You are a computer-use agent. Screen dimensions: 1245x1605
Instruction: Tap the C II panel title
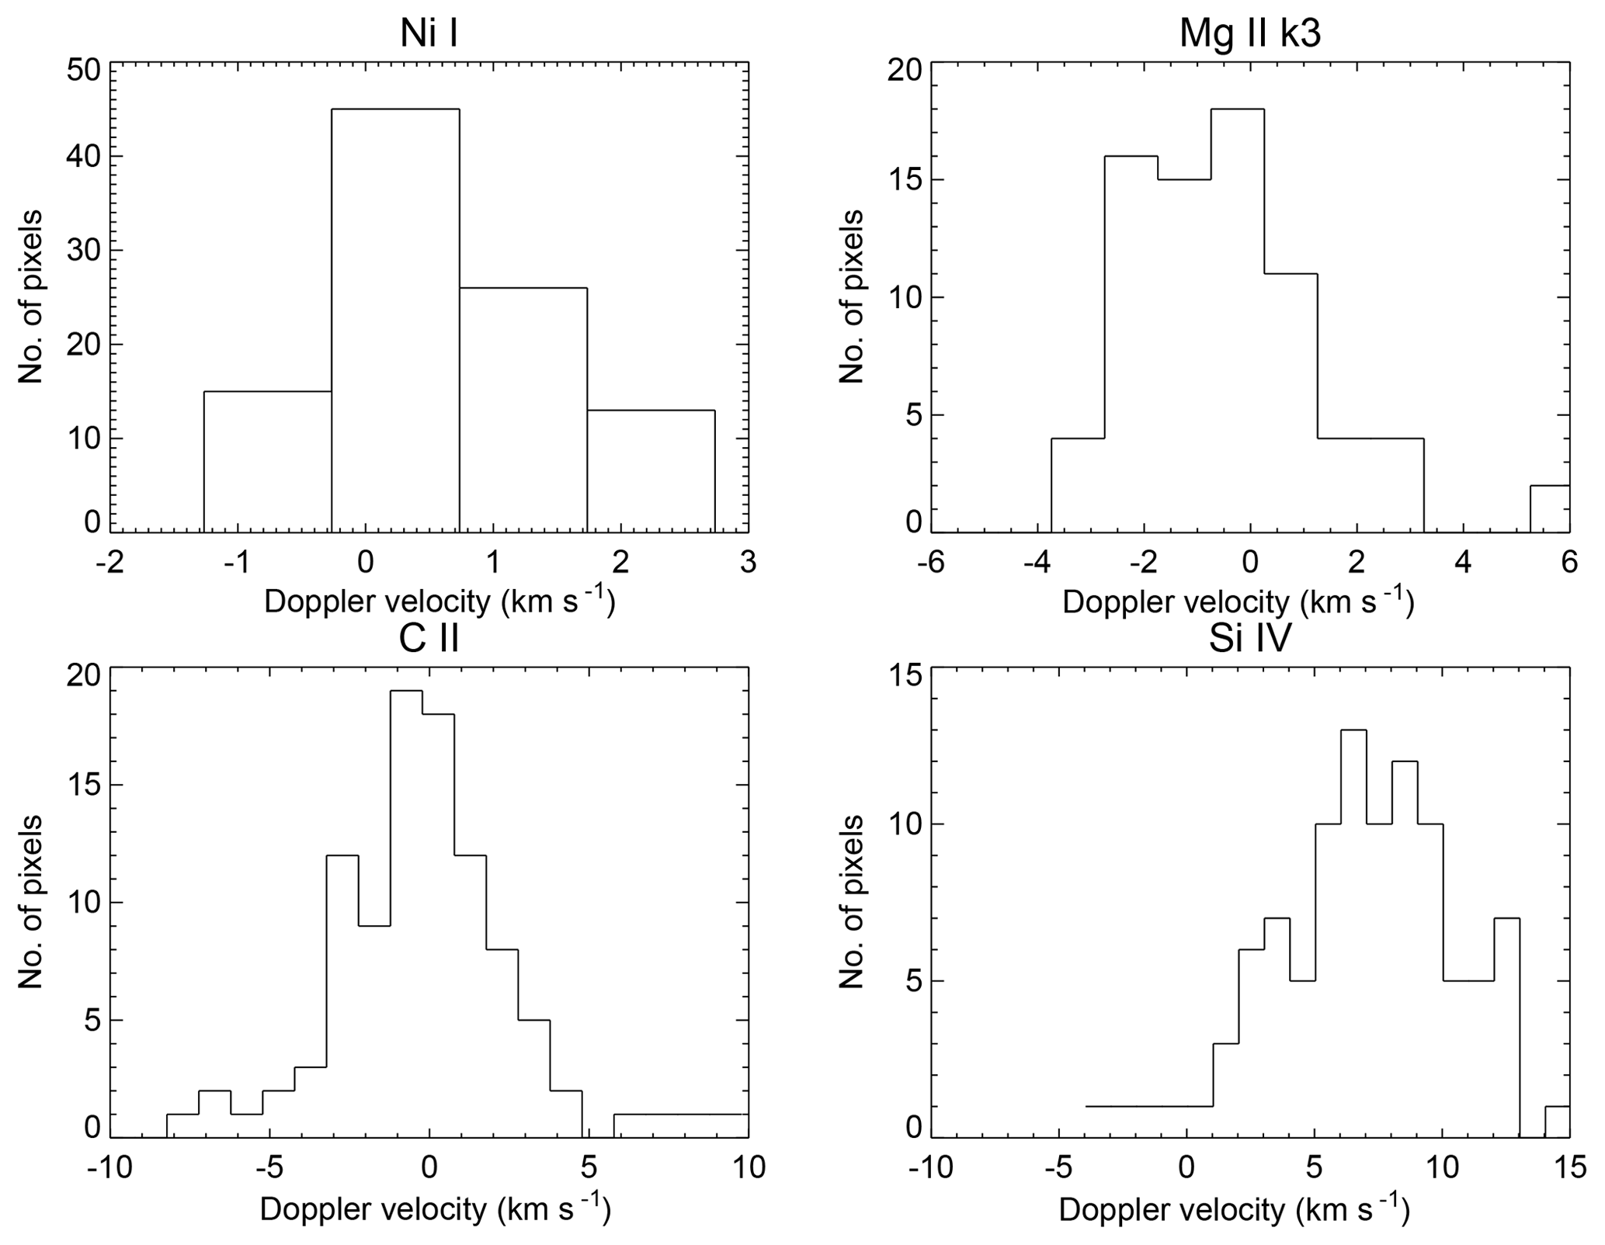(429, 638)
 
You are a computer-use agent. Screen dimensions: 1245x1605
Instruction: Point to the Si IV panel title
(1249, 638)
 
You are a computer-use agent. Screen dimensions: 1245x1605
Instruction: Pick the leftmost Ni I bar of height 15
(268, 462)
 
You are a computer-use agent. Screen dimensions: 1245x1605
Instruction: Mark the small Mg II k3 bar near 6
(1549, 509)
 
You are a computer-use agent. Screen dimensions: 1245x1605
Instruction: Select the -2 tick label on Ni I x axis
(109, 562)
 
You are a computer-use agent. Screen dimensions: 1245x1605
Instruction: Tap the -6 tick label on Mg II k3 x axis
(930, 562)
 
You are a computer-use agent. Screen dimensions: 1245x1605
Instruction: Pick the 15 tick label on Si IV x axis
(1569, 1167)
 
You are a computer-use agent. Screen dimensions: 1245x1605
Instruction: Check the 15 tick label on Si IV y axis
(904, 675)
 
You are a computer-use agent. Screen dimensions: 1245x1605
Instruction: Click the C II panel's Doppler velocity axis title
(435, 1210)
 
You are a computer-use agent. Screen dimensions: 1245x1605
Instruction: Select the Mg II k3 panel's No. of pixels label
(853, 297)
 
